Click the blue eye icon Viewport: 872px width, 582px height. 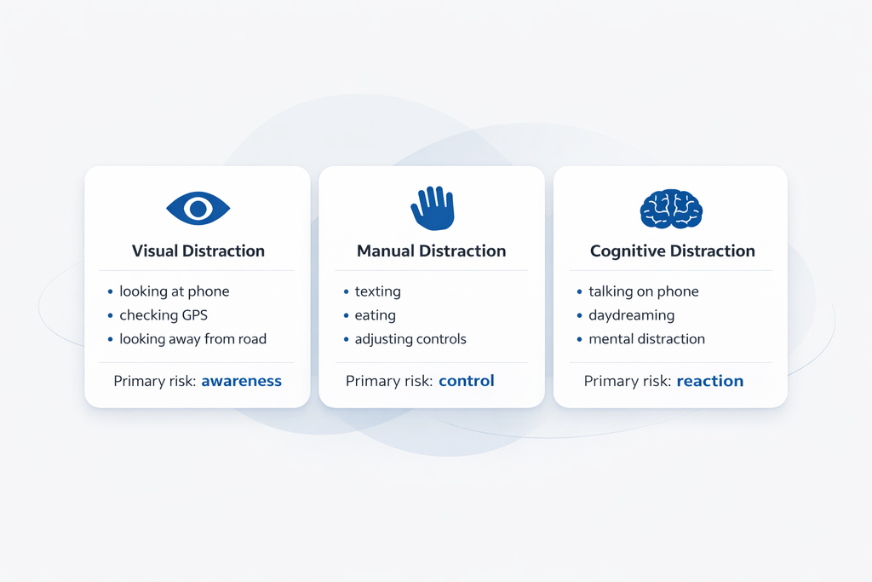tap(198, 208)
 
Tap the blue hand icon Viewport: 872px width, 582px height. tap(432, 208)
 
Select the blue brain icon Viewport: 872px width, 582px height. tap(671, 209)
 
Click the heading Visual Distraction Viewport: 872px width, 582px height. tap(198, 251)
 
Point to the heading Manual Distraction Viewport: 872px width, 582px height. tap(431, 251)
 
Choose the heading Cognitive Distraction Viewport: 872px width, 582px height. tap(672, 251)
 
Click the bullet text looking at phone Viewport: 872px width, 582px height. tap(174, 291)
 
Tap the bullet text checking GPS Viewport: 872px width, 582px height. tap(162, 315)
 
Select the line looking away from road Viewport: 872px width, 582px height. tap(192, 339)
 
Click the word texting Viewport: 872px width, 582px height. tap(377, 291)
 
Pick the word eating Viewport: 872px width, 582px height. tap(375, 315)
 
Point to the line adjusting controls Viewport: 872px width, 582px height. tap(410, 339)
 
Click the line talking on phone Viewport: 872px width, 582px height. tap(643, 291)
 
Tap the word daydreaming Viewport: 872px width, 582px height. tap(631, 315)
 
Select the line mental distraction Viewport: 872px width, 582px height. tap(646, 339)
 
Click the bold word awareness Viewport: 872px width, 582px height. tap(241, 381)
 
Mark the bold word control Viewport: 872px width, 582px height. tap(466, 381)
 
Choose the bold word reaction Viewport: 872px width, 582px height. tap(709, 381)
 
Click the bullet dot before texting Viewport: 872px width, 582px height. tap(346, 292)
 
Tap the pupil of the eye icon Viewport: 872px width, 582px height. tap(198, 208)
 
